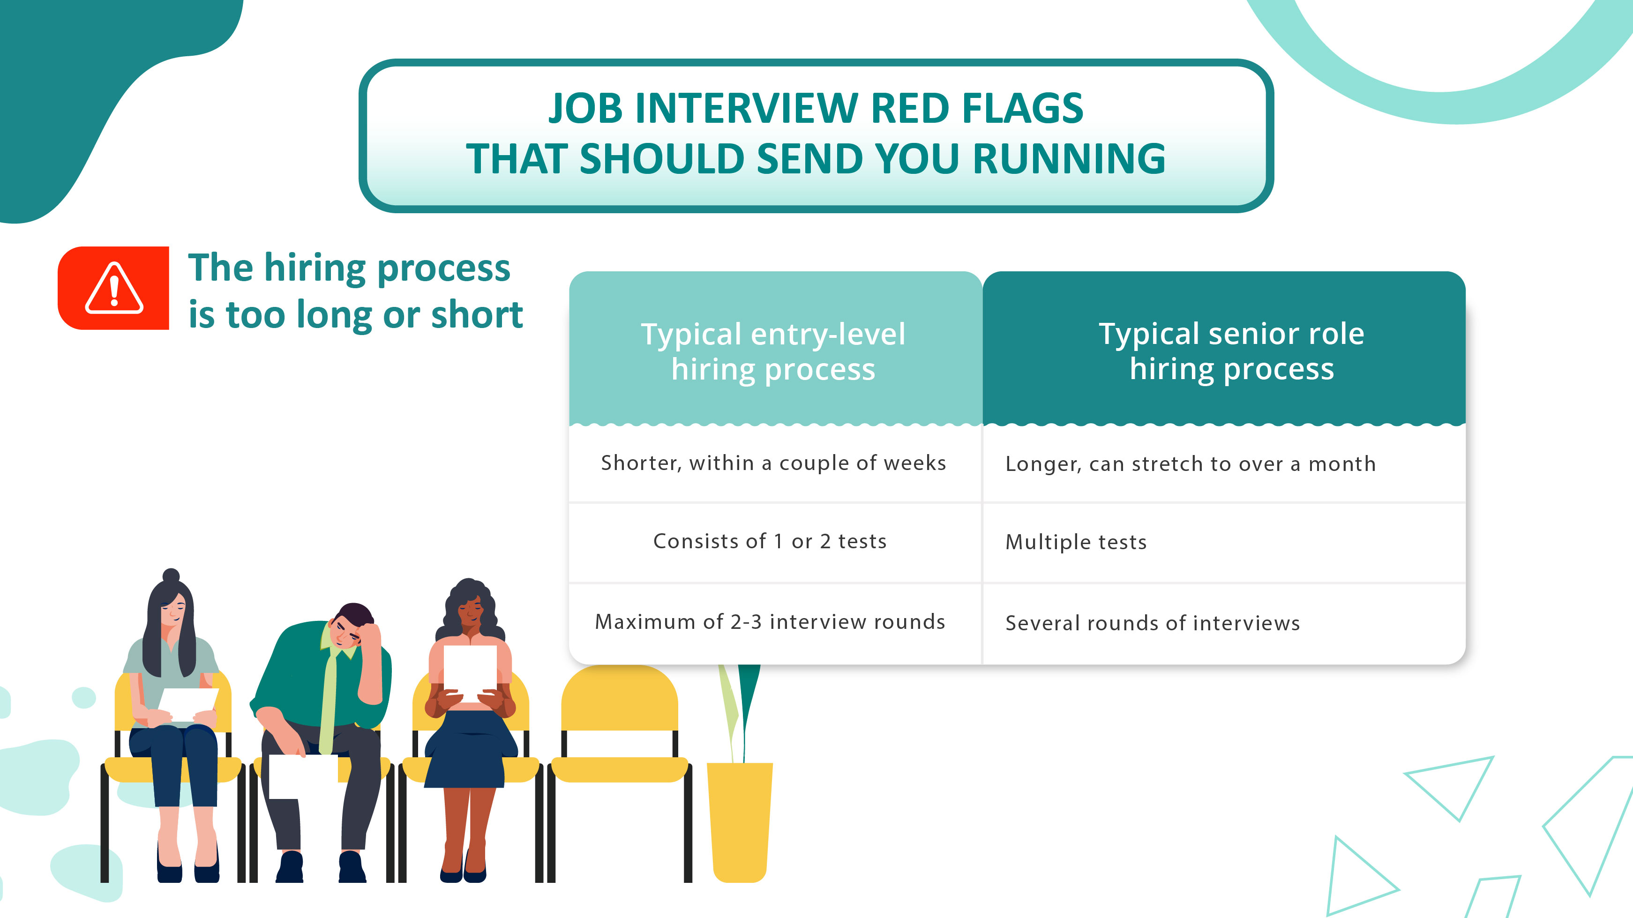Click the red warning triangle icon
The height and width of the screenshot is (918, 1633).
[x=114, y=289]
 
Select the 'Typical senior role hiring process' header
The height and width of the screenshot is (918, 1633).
[x=1231, y=351]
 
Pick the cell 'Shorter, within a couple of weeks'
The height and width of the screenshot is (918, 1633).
[x=773, y=463]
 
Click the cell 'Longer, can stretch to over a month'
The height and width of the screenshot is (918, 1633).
[x=1191, y=464]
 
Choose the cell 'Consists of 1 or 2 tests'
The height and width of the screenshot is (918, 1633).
[x=770, y=541]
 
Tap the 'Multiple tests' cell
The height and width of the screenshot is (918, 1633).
[x=1076, y=542]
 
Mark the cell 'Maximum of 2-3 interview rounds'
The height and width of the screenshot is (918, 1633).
[x=770, y=622]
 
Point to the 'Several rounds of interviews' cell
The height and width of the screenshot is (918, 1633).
[x=1153, y=623]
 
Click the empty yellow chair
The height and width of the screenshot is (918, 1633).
[x=619, y=729]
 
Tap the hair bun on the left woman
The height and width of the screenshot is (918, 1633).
[x=171, y=575]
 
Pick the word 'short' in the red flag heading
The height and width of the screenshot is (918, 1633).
[x=477, y=314]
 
